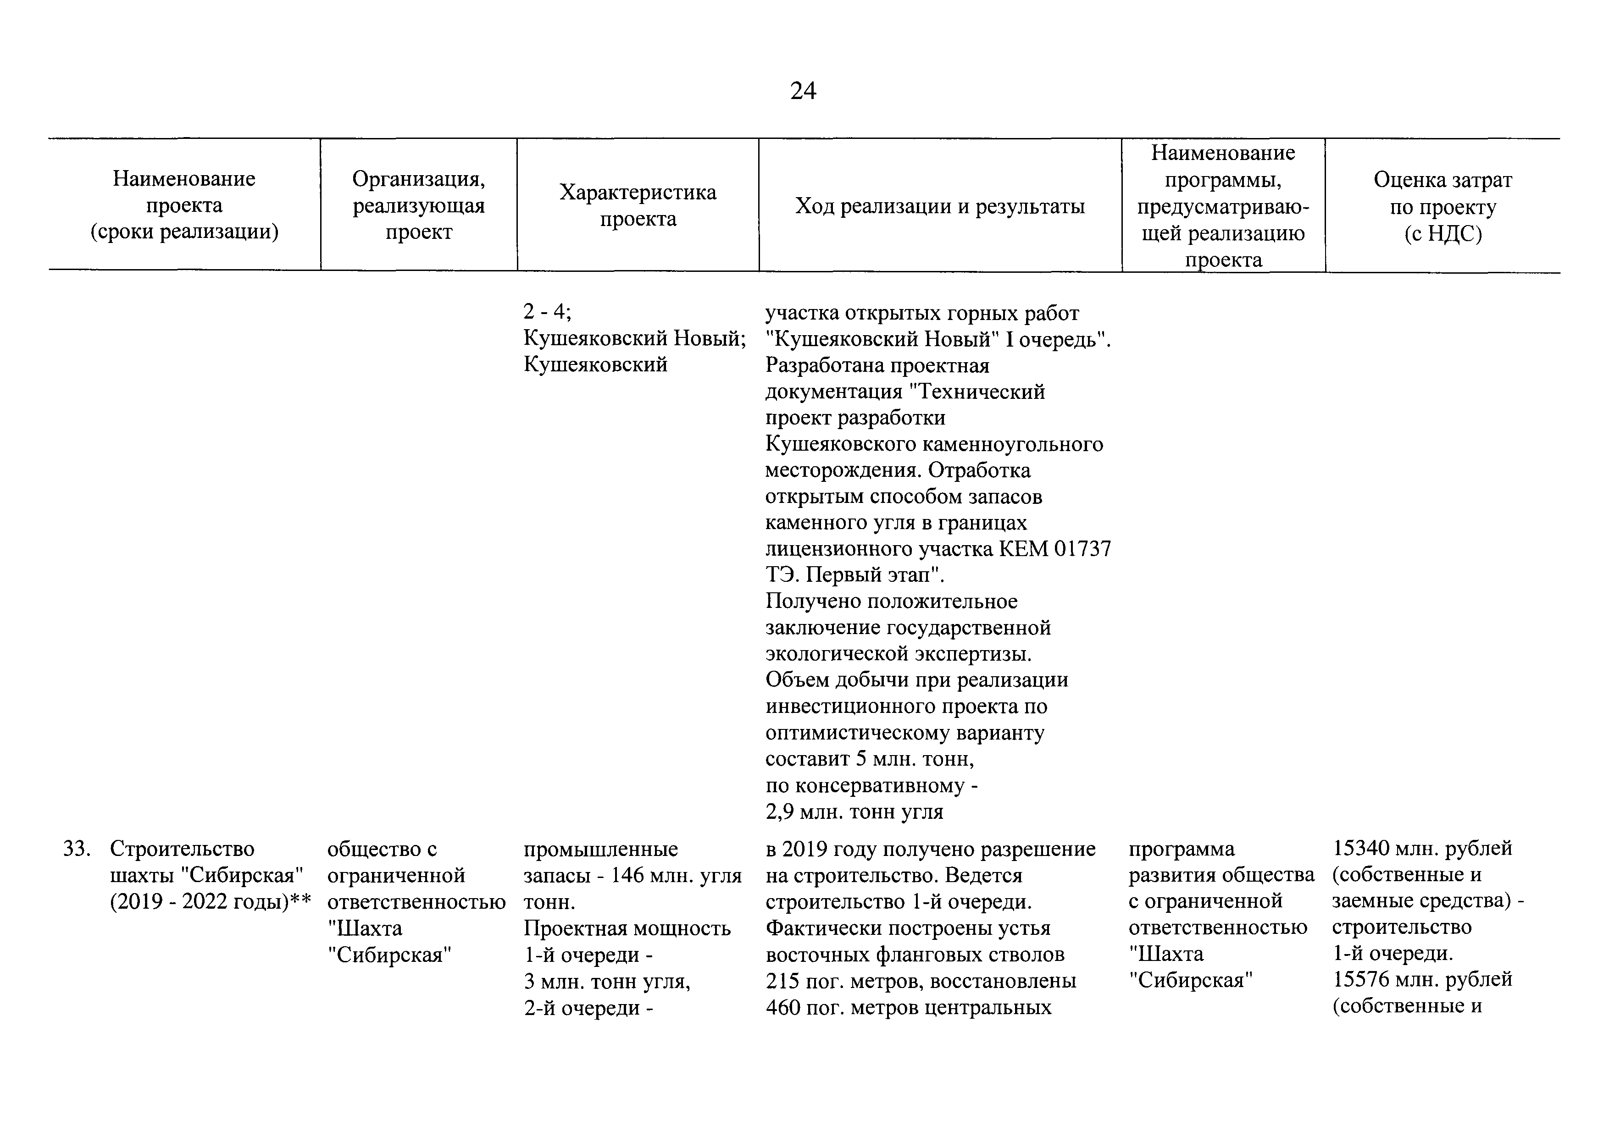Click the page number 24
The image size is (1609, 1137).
tap(803, 92)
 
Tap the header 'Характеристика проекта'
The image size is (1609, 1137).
tap(638, 205)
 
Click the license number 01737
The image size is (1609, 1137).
tap(1083, 548)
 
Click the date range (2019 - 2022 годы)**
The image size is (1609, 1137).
tap(210, 902)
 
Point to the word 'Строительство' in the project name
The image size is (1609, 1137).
tap(182, 849)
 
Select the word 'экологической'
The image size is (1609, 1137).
tap(837, 654)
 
